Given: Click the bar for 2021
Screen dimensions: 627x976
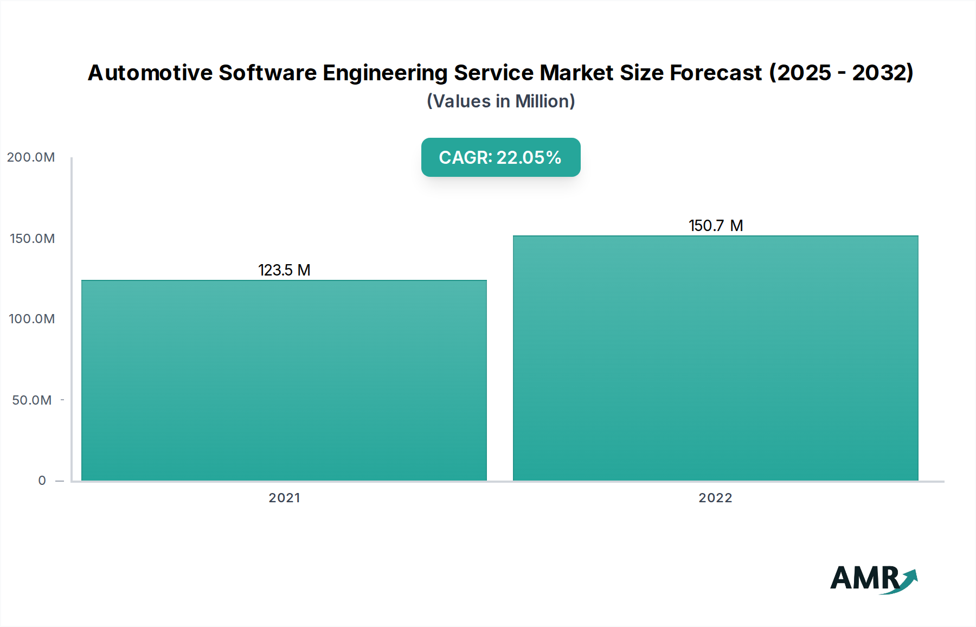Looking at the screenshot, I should pos(284,380).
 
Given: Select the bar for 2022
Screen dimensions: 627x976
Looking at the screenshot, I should pos(715,358).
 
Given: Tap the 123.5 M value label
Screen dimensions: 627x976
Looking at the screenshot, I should pos(284,270).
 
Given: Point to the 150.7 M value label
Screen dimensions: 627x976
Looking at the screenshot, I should pos(715,226).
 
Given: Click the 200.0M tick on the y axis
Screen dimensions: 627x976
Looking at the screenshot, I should pos(31,157).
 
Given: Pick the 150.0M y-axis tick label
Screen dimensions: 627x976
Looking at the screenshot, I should pos(32,239).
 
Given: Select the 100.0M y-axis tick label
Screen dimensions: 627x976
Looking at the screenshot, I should pos(32,319).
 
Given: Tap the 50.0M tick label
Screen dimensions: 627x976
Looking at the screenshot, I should pos(32,400).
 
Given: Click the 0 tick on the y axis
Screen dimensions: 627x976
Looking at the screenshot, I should pos(42,481).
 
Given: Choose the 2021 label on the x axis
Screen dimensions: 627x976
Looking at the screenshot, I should pos(284,498).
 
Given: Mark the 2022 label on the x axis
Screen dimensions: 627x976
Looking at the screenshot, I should pos(715,498).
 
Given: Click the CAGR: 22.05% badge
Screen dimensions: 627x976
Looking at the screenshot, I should pos(500,157).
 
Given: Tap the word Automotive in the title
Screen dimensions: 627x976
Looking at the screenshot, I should pos(150,73).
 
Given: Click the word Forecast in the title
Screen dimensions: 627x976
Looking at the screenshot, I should pos(716,73).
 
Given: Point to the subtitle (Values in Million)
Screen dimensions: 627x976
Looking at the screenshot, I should pos(500,101).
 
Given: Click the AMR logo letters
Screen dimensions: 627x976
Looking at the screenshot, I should pos(864,578).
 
